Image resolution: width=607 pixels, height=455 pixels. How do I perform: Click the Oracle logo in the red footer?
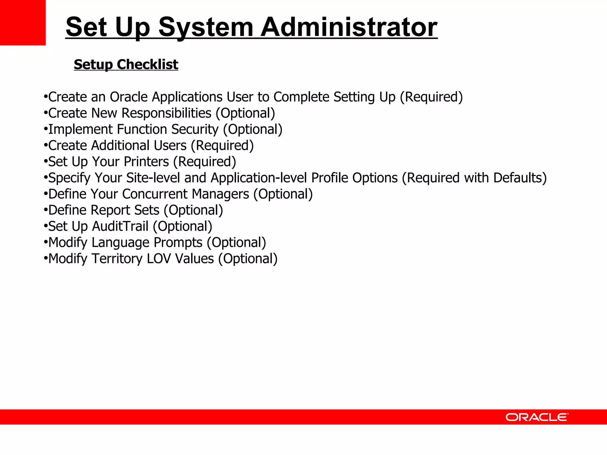537,417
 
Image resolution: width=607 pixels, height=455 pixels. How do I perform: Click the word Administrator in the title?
349,27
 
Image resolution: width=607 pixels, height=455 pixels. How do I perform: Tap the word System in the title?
206,27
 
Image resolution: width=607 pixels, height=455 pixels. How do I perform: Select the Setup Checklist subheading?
126,64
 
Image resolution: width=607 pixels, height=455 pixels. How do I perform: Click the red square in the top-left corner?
23,23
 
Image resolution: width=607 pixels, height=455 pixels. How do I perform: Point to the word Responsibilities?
167,113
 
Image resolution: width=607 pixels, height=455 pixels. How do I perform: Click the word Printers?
146,162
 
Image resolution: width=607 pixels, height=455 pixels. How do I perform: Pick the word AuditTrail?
120,226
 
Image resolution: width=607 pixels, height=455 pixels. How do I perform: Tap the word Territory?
117,259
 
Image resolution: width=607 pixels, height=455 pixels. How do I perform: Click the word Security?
195,129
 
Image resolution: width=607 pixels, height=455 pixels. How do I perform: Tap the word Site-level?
153,178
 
